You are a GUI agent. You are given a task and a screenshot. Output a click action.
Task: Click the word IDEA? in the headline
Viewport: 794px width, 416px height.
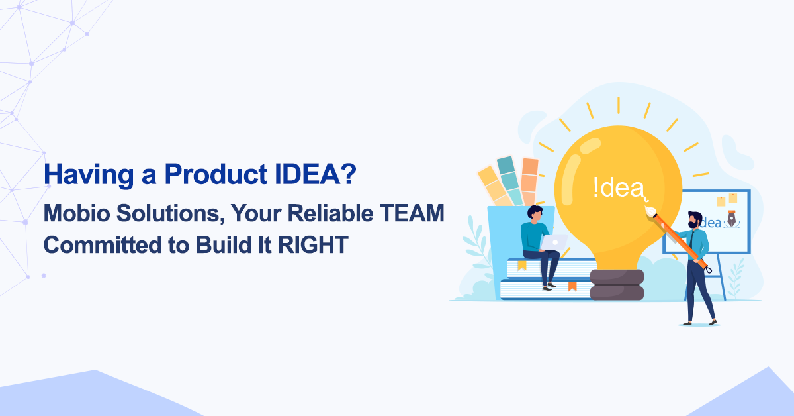pos(316,174)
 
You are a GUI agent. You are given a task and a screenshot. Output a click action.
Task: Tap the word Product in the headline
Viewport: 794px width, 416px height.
pos(216,174)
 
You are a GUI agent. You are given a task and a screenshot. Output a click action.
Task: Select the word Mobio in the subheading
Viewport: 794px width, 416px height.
pos(77,213)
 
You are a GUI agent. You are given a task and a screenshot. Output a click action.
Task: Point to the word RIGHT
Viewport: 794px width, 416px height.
pos(313,245)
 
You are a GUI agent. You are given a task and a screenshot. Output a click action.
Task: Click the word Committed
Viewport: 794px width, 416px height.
pos(103,245)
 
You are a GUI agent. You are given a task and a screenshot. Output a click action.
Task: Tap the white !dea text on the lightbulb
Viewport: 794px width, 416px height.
pos(619,187)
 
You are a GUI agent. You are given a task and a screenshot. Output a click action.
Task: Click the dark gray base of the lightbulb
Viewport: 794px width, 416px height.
pos(617,285)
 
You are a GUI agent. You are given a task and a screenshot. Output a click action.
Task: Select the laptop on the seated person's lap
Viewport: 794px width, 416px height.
pos(554,242)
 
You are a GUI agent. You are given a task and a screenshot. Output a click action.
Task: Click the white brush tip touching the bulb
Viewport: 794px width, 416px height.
pos(650,211)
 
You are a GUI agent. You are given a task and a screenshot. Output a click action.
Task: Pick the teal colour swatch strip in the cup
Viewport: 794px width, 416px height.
pos(509,181)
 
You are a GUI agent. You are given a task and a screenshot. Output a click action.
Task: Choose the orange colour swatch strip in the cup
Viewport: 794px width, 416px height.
pos(529,182)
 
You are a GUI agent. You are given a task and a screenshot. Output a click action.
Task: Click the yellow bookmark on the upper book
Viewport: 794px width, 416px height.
pos(522,266)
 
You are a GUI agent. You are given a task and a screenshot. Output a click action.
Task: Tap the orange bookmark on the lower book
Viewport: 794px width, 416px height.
pos(572,286)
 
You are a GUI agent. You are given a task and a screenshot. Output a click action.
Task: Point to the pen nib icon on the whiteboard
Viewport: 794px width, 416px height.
pos(731,219)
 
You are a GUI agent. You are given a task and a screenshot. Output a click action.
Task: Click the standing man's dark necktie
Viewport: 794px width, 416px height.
pos(691,240)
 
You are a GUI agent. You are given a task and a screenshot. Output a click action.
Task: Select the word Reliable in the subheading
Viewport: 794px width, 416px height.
pos(330,213)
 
